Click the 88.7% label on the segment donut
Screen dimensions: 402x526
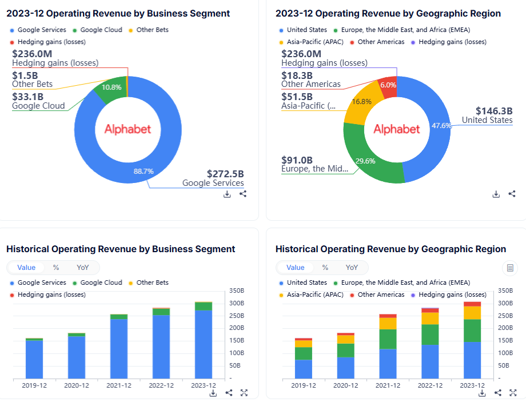pyautogui.click(x=144, y=170)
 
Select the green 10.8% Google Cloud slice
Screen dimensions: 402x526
pyautogui.click(x=111, y=87)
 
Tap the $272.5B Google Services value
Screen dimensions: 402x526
pyautogui.click(x=225, y=174)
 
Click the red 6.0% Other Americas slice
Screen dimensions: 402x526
pyautogui.click(x=388, y=85)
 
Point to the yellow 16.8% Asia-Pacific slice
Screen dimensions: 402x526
pyautogui.click(x=361, y=102)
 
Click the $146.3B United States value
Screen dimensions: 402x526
pyautogui.click(x=494, y=111)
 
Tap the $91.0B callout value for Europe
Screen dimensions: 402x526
pyautogui.click(x=297, y=160)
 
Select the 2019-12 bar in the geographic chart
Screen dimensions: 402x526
pyautogui.click(x=304, y=358)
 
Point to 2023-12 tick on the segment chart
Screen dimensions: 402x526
pyautogui.click(x=204, y=385)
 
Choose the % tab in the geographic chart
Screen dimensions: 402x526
pyautogui.click(x=325, y=268)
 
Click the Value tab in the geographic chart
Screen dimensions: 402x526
pyautogui.click(x=296, y=268)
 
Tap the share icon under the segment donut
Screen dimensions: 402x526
pyautogui.click(x=243, y=194)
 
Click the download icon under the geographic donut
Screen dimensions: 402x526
pyautogui.click(x=496, y=194)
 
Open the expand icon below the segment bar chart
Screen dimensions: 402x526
pyautogui.click(x=244, y=393)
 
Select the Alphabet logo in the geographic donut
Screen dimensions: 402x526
pyautogui.click(x=397, y=129)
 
